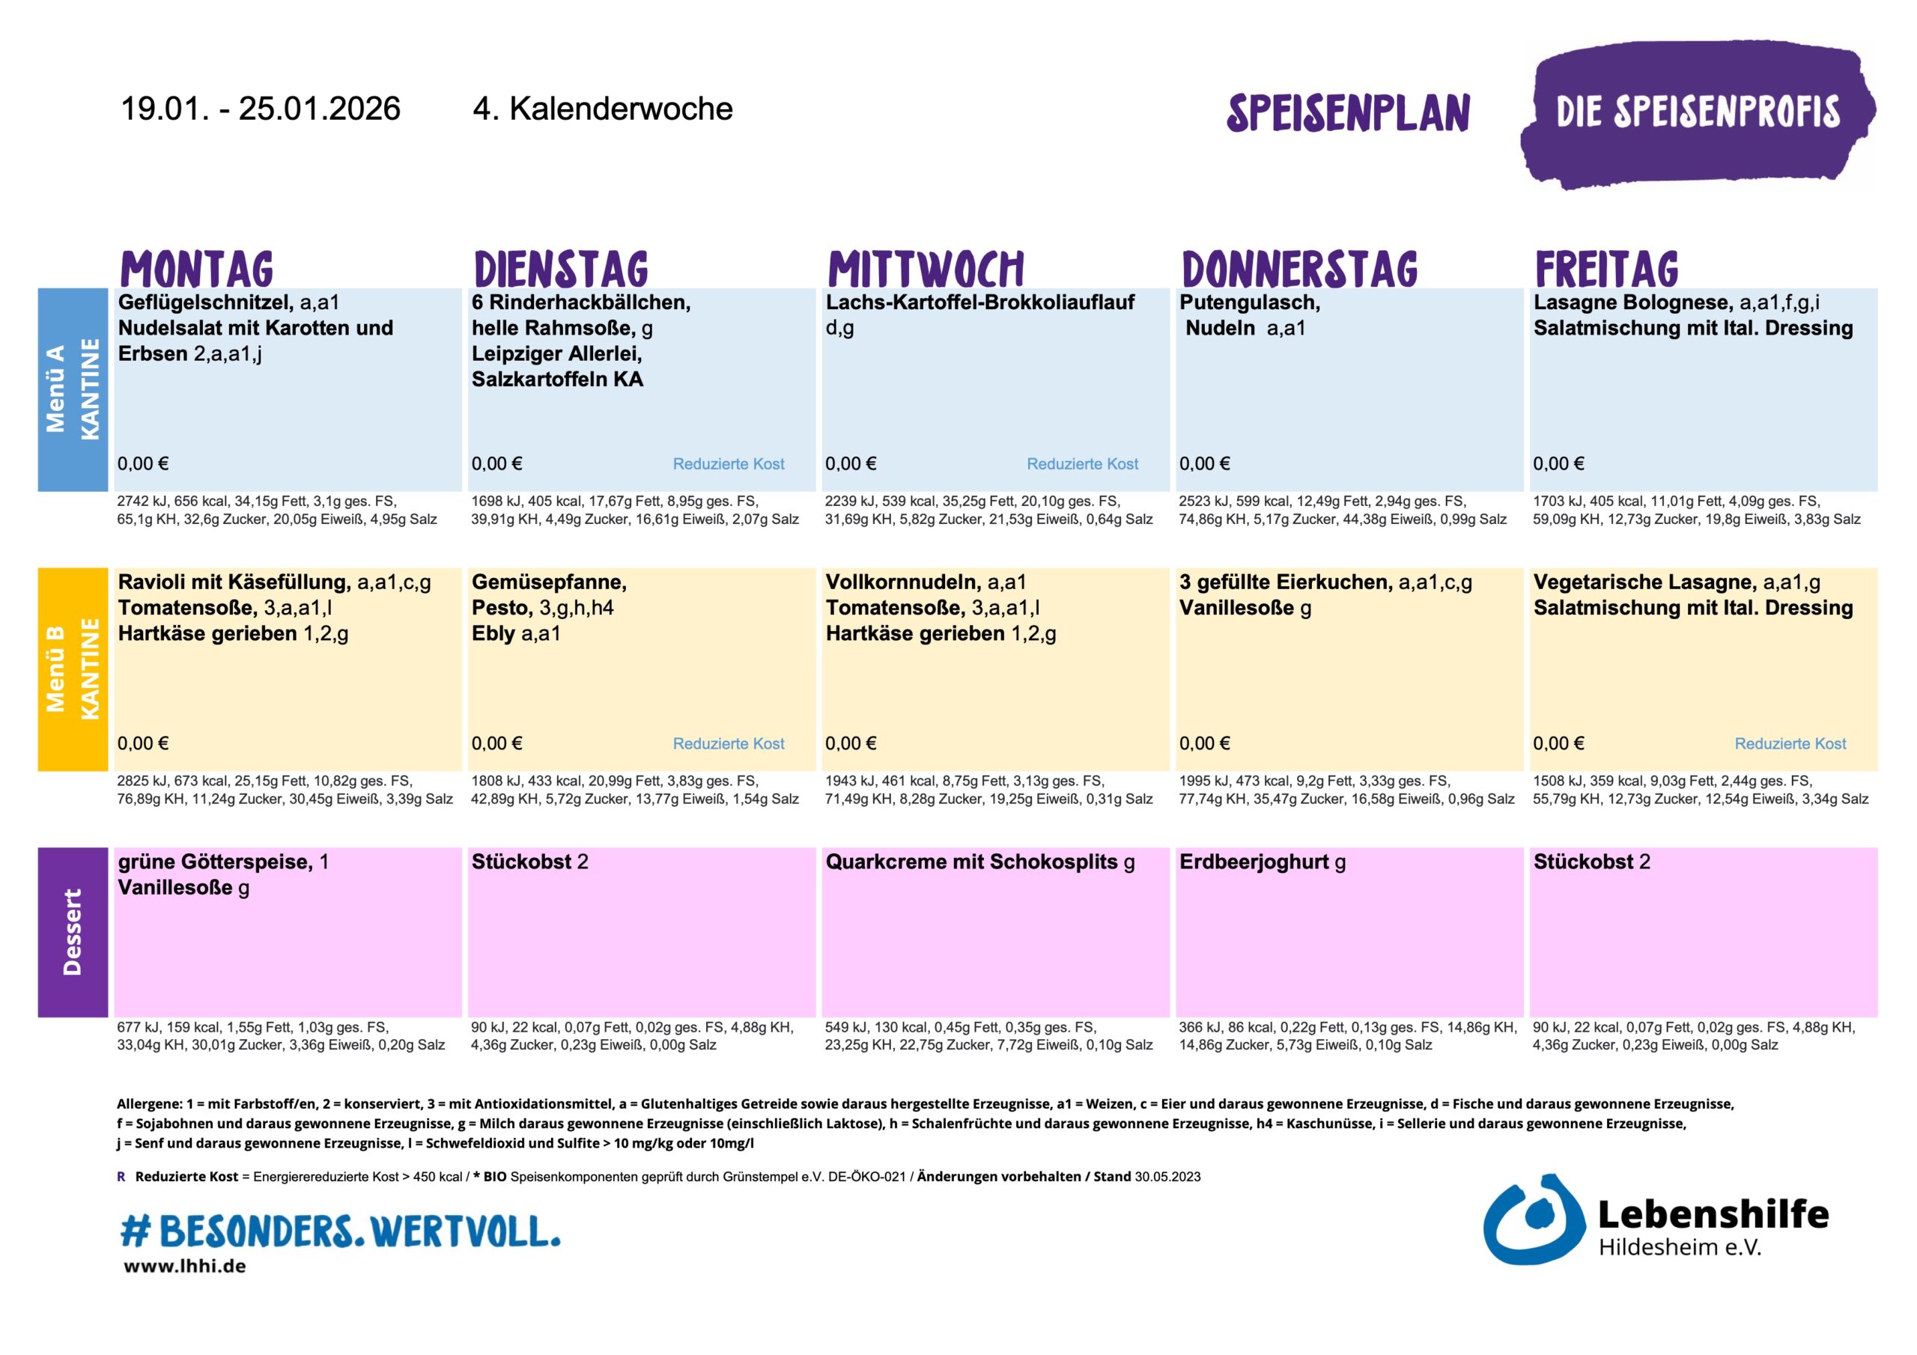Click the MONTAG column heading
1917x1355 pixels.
[x=197, y=269]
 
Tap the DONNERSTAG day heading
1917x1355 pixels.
[x=1300, y=269]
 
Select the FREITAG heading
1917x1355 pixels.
[x=1606, y=269]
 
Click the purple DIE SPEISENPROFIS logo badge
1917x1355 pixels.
[x=1698, y=114]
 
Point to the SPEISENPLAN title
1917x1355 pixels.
[x=1348, y=114]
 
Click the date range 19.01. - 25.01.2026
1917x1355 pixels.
[x=261, y=109]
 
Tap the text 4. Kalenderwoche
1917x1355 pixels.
[x=602, y=109]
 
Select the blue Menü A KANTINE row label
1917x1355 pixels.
[x=73, y=389]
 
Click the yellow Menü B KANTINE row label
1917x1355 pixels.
[x=73, y=669]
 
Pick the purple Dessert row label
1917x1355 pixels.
[x=73, y=932]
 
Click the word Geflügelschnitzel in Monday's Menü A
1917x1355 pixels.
[x=205, y=302]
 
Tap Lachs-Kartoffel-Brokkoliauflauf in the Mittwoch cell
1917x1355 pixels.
[x=979, y=302]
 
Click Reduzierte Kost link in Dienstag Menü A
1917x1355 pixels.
[x=728, y=464]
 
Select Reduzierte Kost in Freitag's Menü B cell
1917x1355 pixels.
[x=1790, y=744]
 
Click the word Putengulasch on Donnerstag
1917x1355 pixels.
[x=1249, y=302]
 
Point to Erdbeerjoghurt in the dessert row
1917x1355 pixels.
[x=1254, y=862]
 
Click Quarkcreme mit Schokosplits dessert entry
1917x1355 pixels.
[x=971, y=862]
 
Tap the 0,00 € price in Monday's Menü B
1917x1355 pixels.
[x=143, y=744]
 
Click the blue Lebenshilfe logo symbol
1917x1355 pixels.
[x=1533, y=1219]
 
